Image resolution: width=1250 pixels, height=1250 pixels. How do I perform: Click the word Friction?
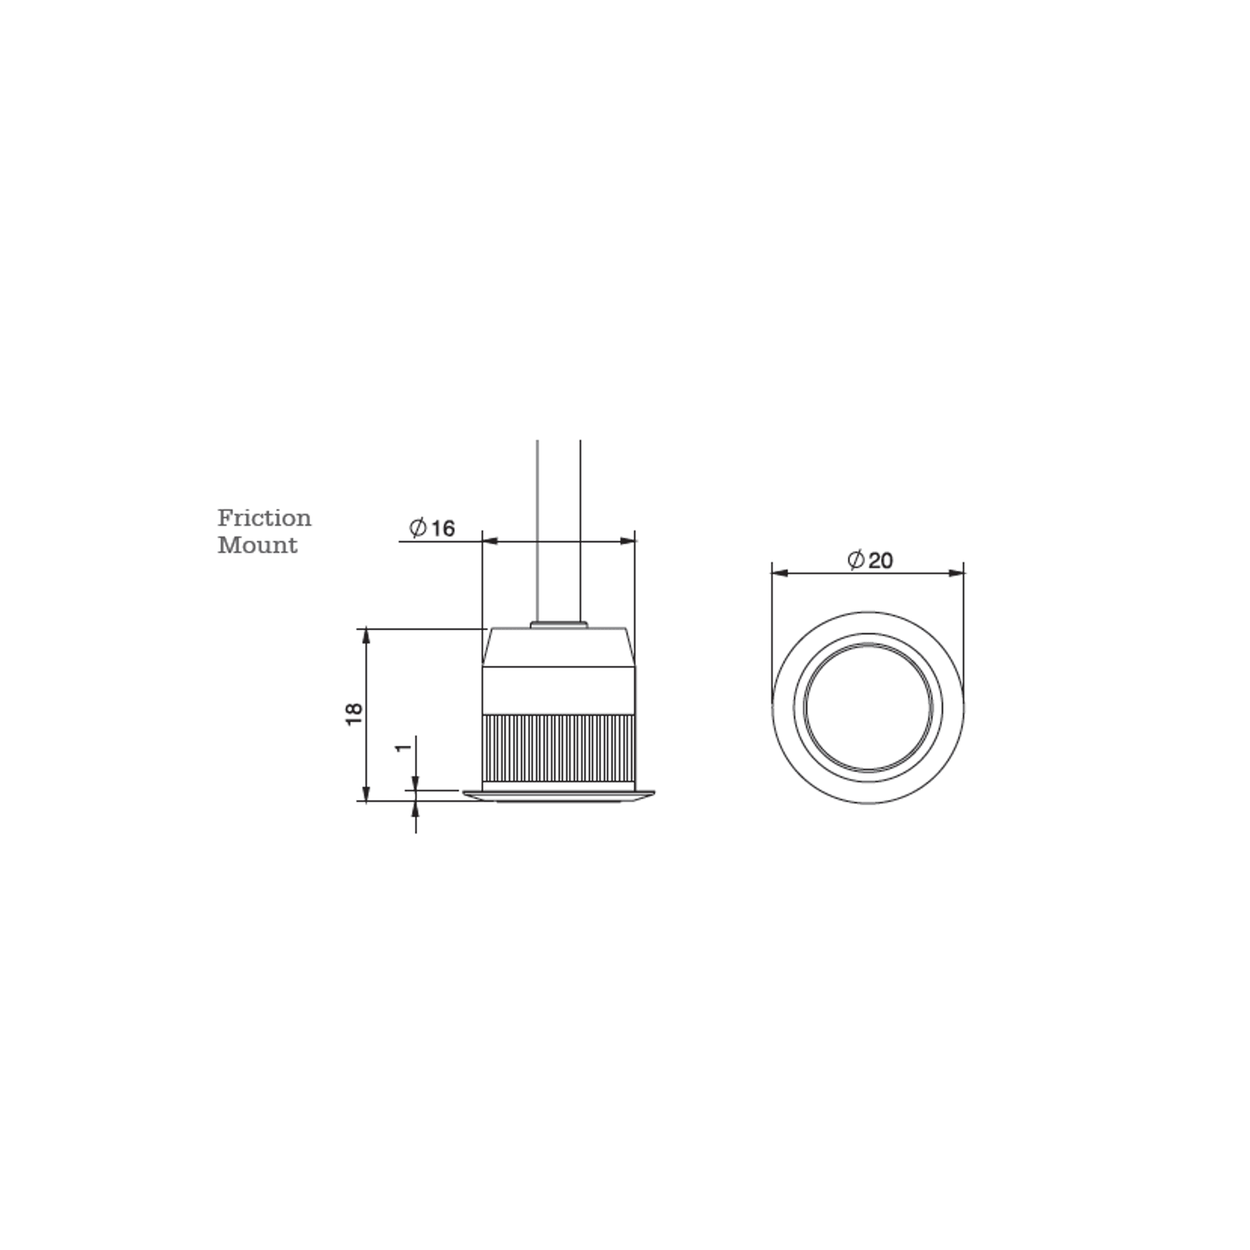(x=264, y=518)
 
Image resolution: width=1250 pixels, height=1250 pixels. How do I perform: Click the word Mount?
(x=257, y=545)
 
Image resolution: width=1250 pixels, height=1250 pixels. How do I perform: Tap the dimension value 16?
(x=442, y=529)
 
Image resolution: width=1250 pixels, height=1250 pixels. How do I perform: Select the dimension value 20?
(x=881, y=560)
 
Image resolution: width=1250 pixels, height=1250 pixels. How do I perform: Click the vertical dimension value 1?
(x=403, y=747)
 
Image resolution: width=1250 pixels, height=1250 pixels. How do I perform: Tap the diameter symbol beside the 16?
(x=418, y=528)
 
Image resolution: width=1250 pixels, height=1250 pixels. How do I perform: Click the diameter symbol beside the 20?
(x=856, y=559)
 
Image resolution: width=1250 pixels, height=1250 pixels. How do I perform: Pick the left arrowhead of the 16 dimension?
(x=490, y=541)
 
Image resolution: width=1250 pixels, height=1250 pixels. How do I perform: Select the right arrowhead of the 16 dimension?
(x=628, y=541)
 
